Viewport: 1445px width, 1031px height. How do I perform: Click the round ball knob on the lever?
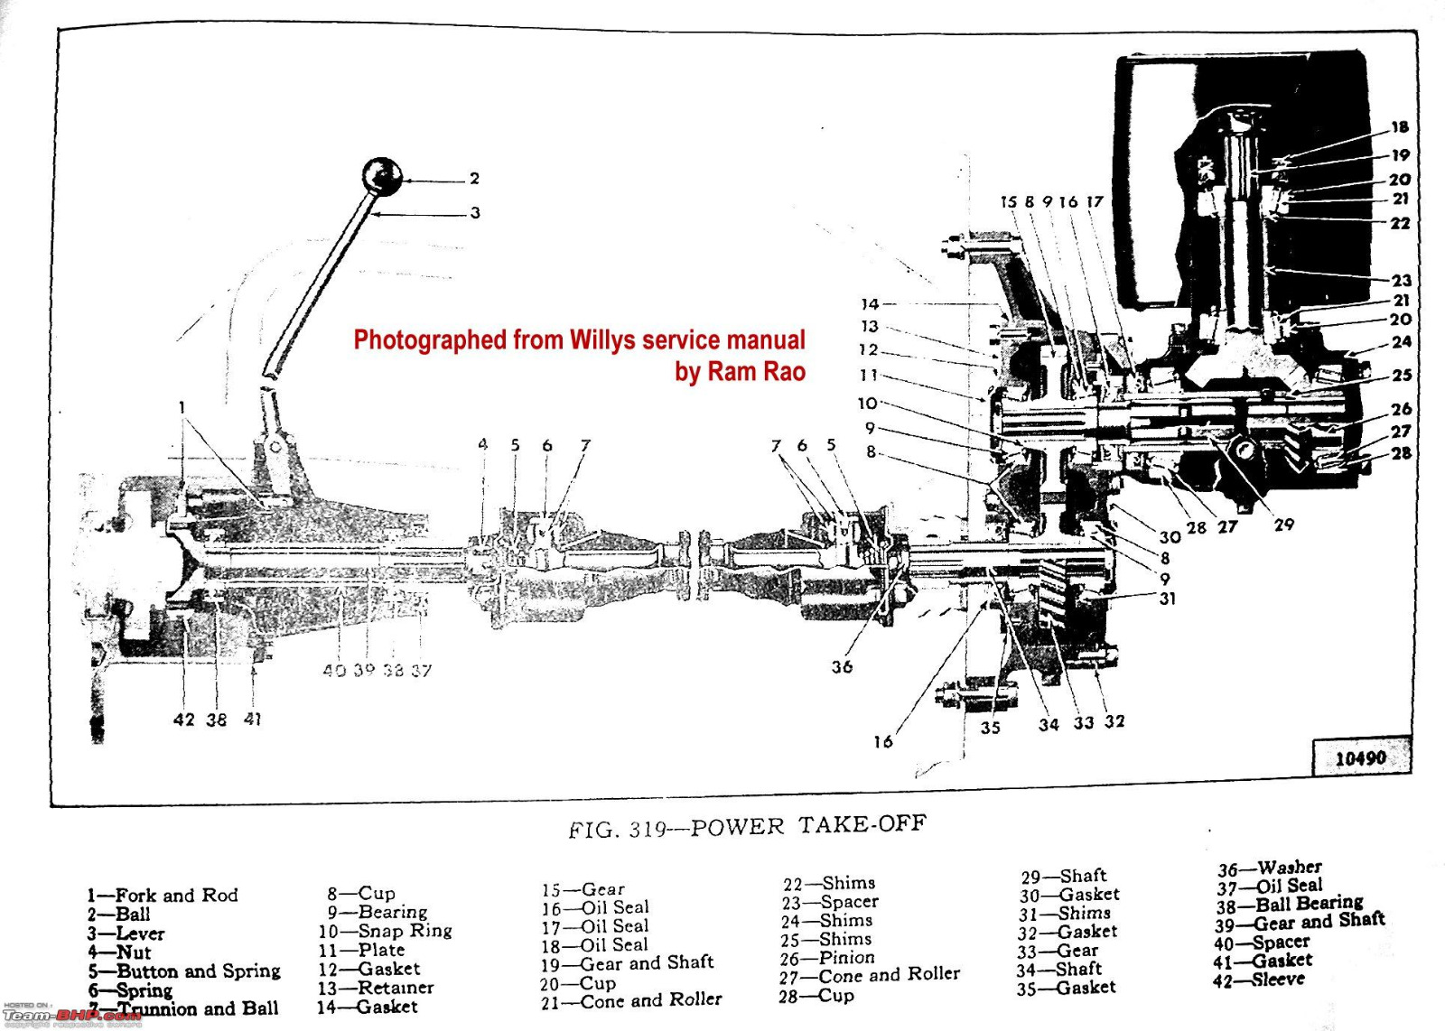click(381, 176)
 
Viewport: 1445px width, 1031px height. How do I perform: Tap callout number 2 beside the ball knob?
click(474, 179)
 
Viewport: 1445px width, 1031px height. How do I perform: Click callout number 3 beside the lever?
click(475, 213)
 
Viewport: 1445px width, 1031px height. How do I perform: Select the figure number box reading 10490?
click(1360, 758)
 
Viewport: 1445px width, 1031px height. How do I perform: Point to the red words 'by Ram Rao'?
click(740, 371)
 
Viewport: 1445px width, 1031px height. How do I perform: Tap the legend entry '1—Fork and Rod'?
click(163, 896)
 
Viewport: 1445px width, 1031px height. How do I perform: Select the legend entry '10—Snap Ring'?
click(385, 931)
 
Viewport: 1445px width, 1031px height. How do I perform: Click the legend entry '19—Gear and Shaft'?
click(628, 963)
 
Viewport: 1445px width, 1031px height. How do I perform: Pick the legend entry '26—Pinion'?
click(827, 958)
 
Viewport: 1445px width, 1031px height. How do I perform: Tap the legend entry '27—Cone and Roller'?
click(870, 975)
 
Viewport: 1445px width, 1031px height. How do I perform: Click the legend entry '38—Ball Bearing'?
click(1289, 904)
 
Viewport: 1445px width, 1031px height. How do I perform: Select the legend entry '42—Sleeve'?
click(1259, 980)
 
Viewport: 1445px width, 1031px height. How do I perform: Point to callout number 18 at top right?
click(1400, 127)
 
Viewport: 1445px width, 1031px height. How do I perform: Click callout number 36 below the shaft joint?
click(842, 666)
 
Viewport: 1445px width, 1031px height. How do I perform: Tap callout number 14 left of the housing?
click(870, 304)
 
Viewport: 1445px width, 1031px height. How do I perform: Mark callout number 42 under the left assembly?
click(184, 720)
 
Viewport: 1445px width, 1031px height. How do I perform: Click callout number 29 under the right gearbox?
click(1283, 524)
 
